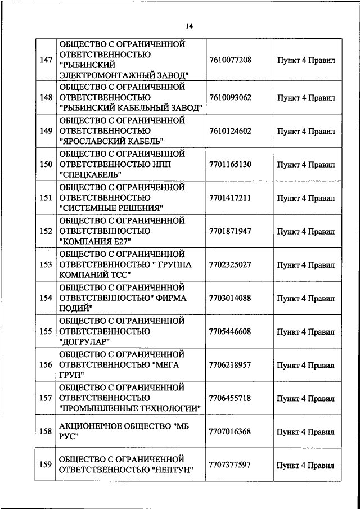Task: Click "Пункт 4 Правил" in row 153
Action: tap(306, 264)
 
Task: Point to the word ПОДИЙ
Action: tap(75, 308)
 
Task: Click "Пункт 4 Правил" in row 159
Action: tap(306, 465)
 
